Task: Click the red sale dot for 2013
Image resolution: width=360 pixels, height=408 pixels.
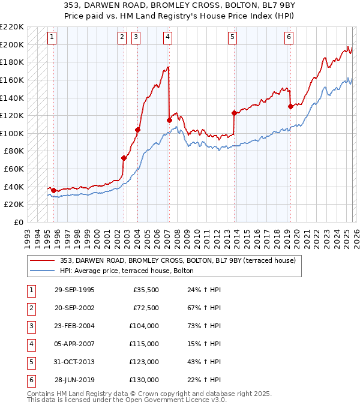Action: point(233,112)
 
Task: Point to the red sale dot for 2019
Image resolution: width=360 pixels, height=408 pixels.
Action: point(290,106)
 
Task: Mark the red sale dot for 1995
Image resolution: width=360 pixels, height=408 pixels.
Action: point(53,190)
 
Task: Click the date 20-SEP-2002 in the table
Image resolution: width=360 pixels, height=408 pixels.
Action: point(74,308)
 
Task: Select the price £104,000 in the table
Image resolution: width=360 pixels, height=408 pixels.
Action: point(144,326)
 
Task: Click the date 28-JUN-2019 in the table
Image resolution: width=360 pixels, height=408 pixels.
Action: point(74,380)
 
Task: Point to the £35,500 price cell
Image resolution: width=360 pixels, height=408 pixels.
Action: point(146,290)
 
